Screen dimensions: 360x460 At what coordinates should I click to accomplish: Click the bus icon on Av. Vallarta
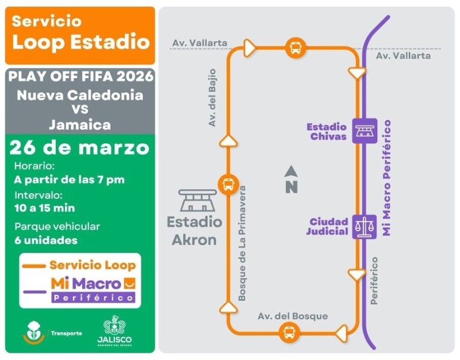point(295,48)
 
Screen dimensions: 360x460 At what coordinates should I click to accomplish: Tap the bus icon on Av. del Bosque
point(289,332)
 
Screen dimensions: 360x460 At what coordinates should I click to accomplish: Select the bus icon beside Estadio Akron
point(228,185)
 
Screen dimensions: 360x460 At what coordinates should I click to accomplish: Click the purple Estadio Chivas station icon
point(365,131)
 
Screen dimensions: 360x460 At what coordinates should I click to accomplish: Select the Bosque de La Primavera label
point(242,243)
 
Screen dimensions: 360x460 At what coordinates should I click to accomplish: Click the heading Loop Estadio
point(81,41)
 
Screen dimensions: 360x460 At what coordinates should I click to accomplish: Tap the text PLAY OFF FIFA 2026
point(81,76)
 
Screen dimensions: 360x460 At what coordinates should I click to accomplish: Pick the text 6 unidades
point(46,240)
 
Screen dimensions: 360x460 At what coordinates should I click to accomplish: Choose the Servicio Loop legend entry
point(80,265)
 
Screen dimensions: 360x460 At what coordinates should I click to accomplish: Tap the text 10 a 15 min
point(45,208)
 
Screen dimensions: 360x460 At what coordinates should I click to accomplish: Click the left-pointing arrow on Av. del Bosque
point(342,332)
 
